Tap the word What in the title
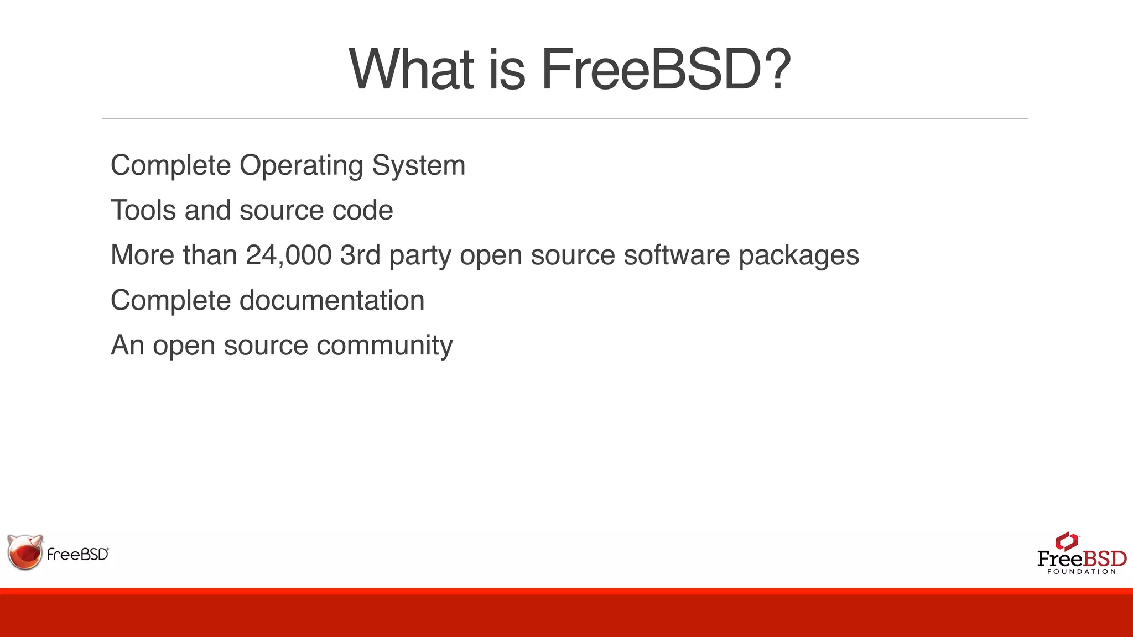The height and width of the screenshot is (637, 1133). pos(412,69)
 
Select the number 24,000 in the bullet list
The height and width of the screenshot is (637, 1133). pos(288,255)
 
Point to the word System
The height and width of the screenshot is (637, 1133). pos(418,165)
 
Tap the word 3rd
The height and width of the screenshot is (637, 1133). pos(360,255)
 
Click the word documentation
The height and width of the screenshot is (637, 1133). pos(332,300)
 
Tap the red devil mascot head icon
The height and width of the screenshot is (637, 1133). pos(25,552)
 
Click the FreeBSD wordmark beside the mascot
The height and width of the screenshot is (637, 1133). pos(78,554)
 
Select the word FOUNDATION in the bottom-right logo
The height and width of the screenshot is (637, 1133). pos(1082,572)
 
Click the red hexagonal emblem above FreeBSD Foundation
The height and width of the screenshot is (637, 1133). pos(1066,541)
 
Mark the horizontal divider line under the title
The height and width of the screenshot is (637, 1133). pos(564,119)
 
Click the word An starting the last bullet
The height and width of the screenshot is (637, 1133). pos(127,345)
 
